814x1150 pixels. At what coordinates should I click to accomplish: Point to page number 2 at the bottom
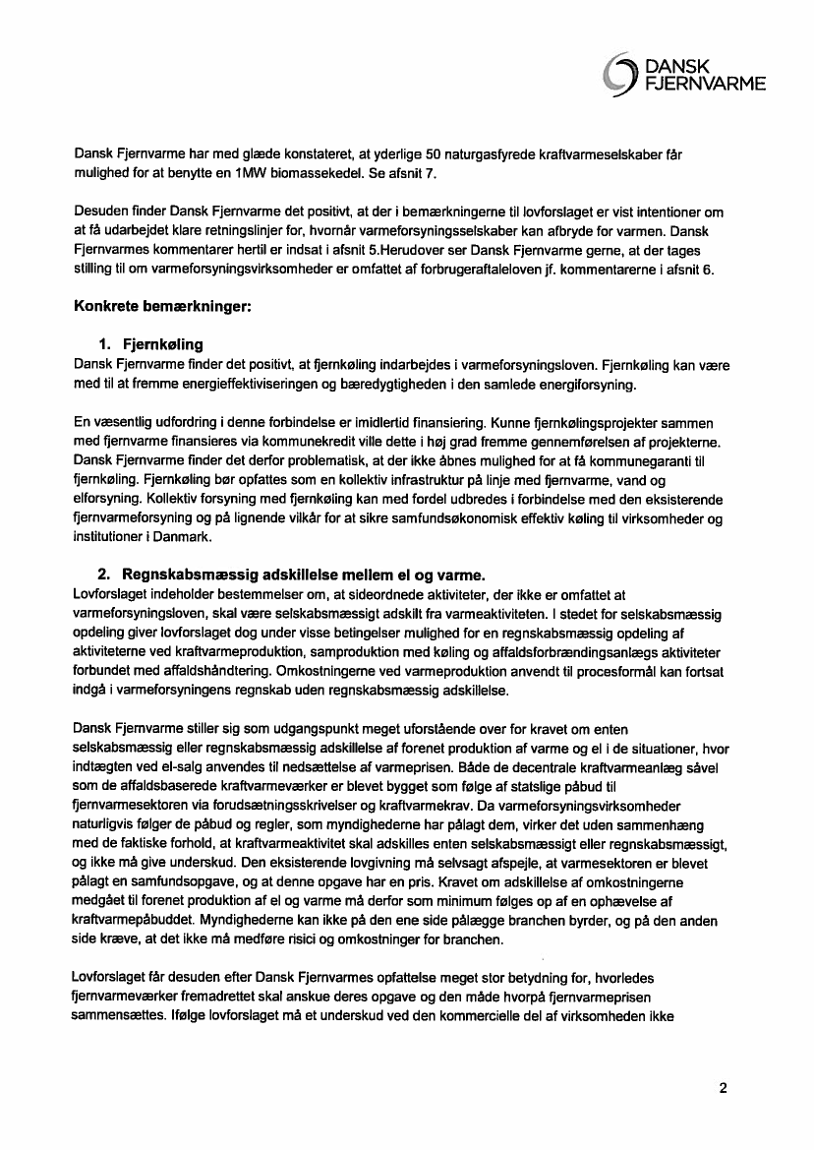pos(724,1088)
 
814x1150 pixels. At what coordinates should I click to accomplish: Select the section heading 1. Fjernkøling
pos(149,344)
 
